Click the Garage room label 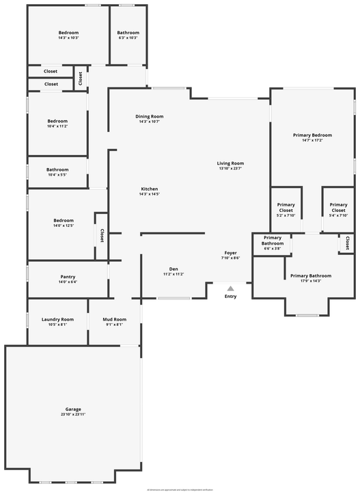tap(73, 409)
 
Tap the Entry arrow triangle tap(230, 288)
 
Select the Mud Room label tap(114, 319)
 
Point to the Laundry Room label tap(57, 319)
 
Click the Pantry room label tap(68, 276)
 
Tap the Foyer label tap(230, 253)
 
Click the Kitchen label tap(150, 189)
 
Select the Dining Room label tap(151, 116)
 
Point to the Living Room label tap(230, 163)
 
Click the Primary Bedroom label tap(312, 135)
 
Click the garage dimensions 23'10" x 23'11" tap(73, 415)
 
